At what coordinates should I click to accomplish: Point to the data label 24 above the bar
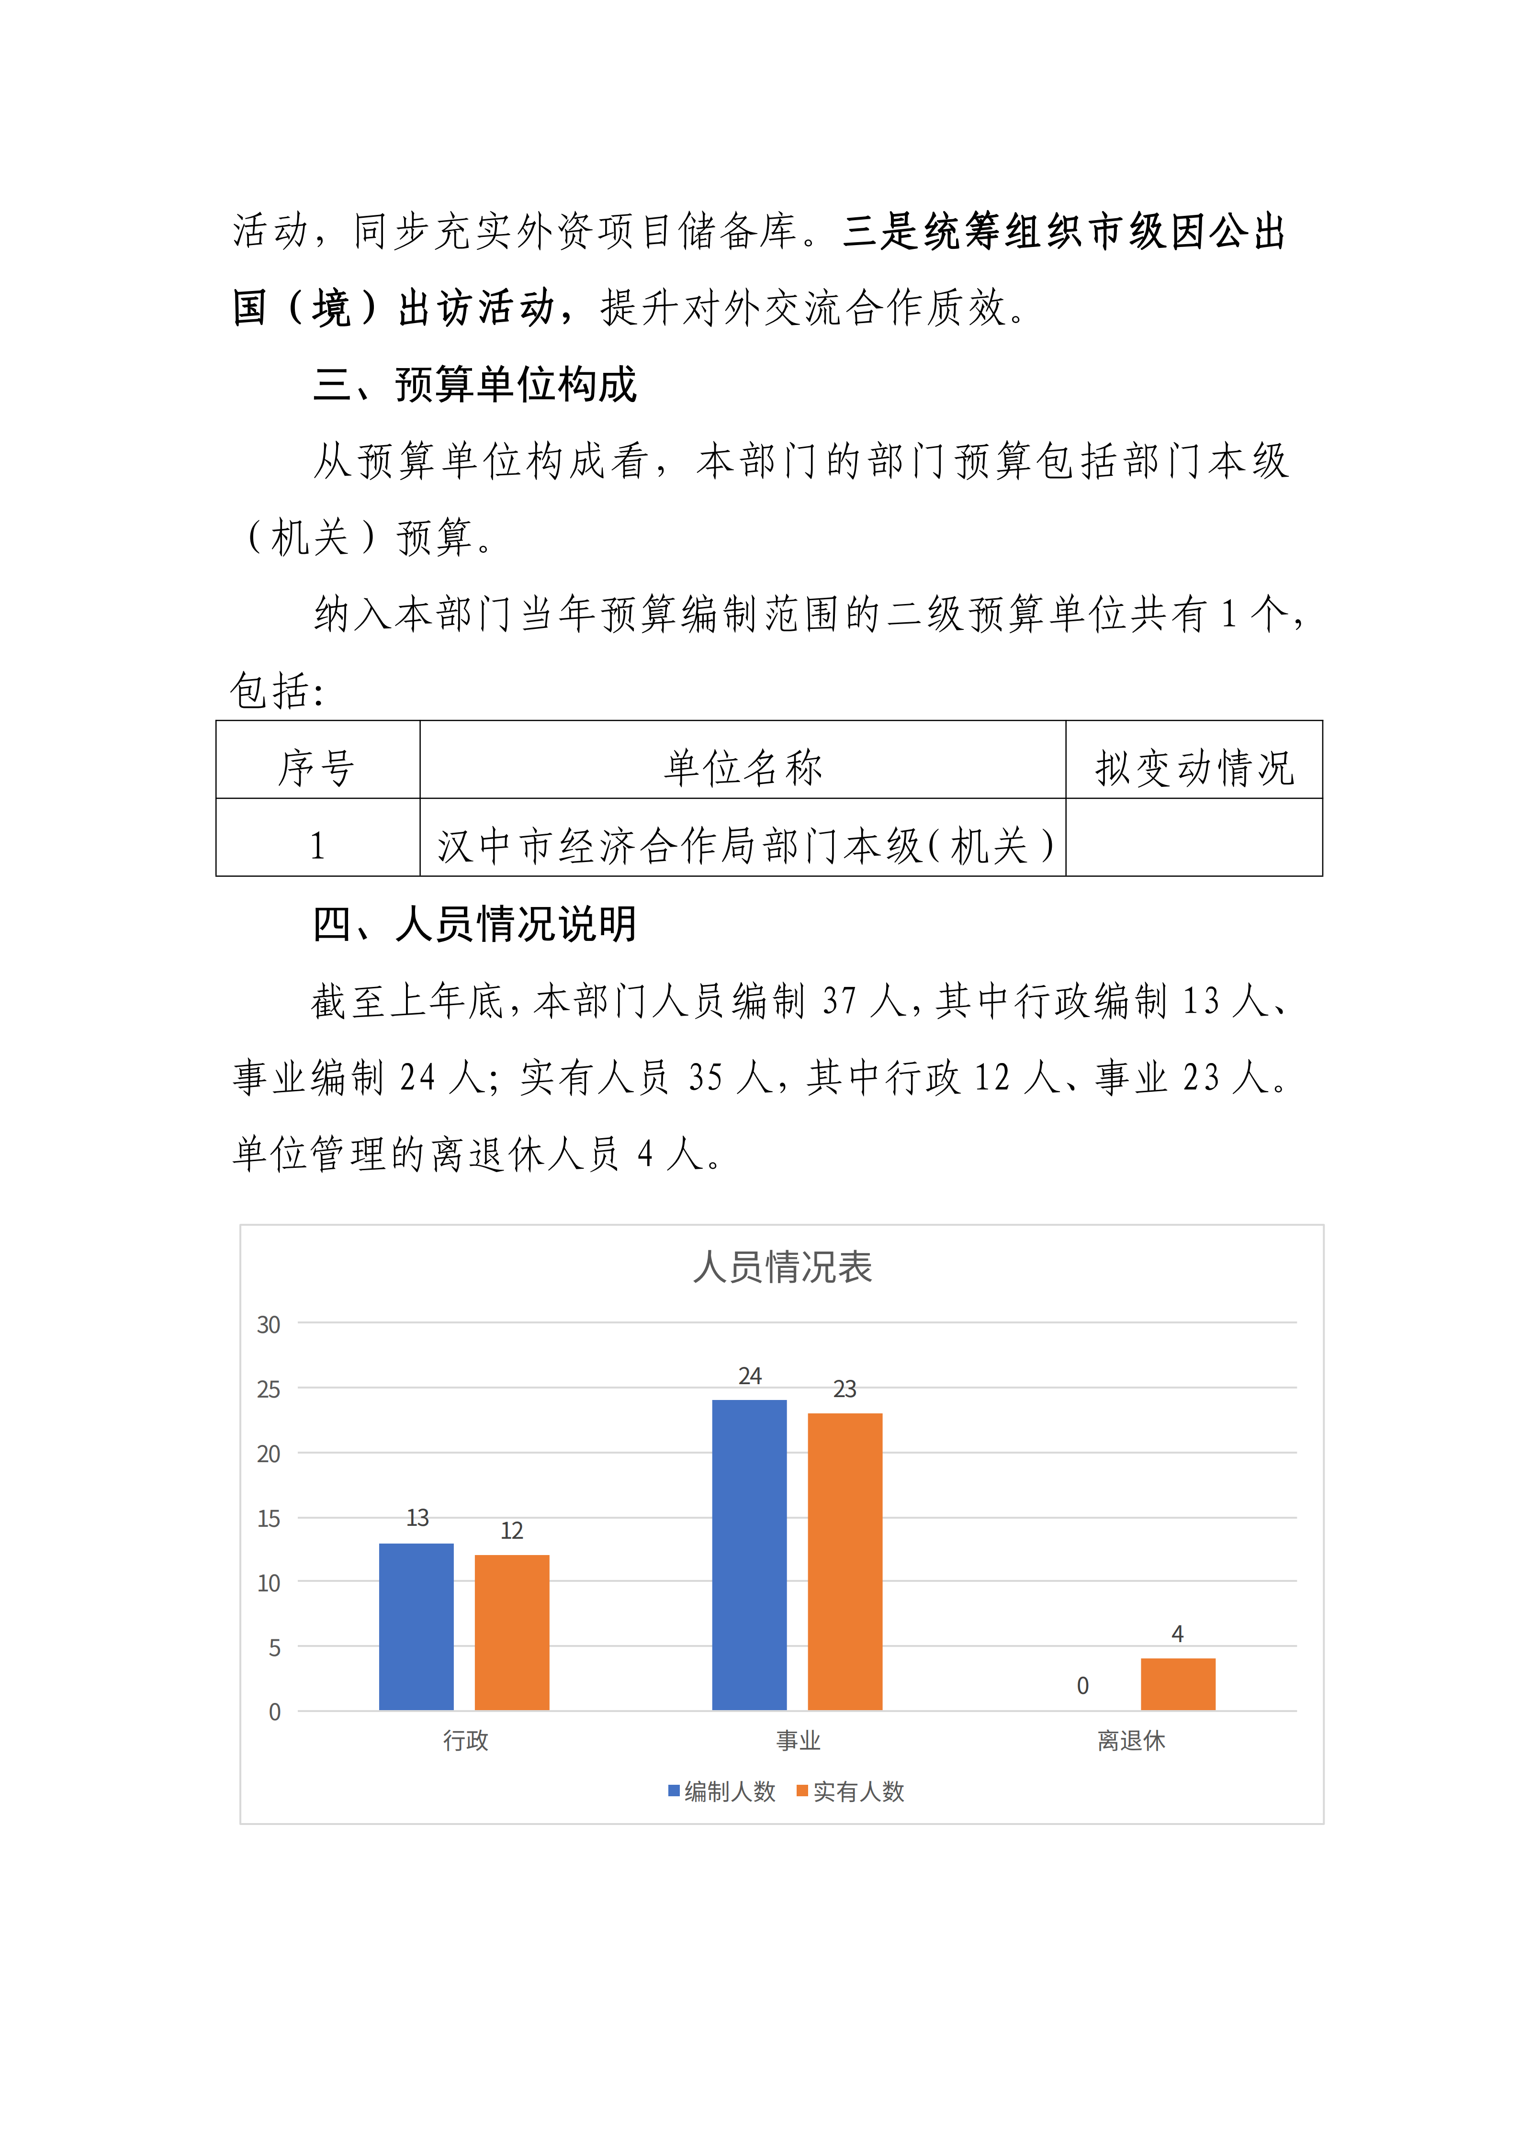[750, 1376]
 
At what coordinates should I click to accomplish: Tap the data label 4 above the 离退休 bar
[1177, 1633]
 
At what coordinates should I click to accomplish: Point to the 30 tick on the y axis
[269, 1324]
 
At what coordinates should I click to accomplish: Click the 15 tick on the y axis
[269, 1518]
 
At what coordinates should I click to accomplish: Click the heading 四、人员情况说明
[474, 924]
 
